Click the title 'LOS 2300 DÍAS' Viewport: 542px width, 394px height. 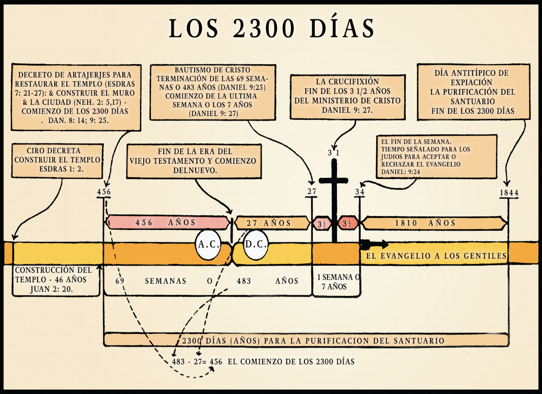coord(271,29)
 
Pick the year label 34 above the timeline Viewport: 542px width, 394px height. coord(360,191)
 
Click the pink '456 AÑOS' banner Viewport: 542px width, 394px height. coord(167,222)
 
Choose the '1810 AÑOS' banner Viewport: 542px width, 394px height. coord(434,223)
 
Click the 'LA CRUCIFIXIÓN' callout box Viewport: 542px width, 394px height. coord(348,96)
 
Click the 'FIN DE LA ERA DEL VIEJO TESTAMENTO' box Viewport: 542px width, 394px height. coord(194,161)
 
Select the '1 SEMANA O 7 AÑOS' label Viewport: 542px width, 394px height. coord(336,281)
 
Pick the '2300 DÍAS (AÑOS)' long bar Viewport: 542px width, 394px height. coord(306,340)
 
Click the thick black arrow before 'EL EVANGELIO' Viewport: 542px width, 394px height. coord(374,245)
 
